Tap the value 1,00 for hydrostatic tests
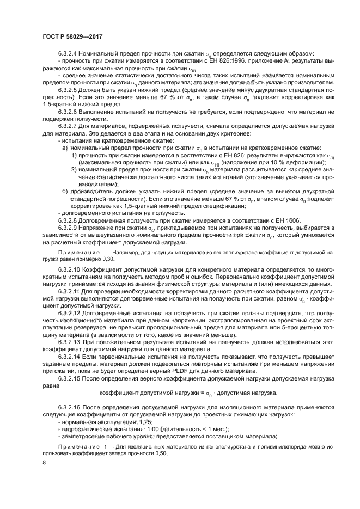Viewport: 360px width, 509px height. (x=147, y=429)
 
